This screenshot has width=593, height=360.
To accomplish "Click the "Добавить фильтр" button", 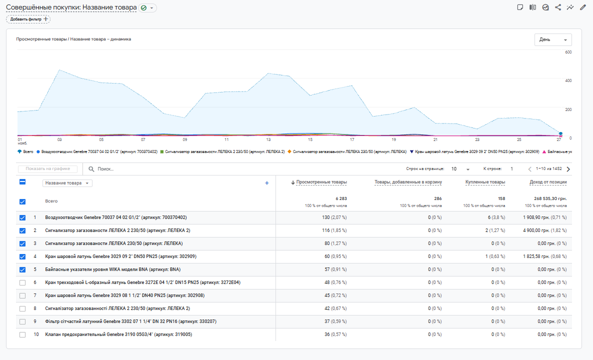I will click(28, 19).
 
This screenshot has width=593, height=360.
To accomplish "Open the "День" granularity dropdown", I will click(553, 40).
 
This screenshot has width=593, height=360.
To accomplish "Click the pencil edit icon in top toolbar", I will click(582, 7).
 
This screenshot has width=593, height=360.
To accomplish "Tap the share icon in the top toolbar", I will click(558, 7).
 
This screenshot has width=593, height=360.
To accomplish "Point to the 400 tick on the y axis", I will click(568, 80).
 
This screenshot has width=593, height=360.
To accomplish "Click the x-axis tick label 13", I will click(268, 140).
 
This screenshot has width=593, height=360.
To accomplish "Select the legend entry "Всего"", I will click(25, 151).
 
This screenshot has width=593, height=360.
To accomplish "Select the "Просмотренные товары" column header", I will click(321, 182).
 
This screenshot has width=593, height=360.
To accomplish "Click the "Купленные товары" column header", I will click(485, 182).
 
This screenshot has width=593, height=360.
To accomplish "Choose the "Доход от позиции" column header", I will click(548, 182).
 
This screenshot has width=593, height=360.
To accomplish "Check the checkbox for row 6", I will click(22, 282).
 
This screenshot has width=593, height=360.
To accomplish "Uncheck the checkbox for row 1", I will click(22, 217).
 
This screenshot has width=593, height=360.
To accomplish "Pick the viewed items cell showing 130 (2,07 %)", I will click(334, 217).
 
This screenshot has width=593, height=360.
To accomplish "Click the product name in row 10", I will click(118, 334).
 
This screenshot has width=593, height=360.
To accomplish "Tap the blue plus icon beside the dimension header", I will click(266, 183).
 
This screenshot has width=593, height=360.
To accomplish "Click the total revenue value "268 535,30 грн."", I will click(546, 198).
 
